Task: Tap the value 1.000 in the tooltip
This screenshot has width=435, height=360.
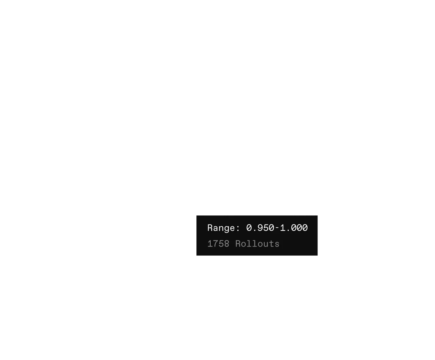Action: pos(294,228)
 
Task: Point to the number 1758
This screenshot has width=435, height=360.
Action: pos(218,244)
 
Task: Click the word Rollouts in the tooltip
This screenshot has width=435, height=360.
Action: pos(257,244)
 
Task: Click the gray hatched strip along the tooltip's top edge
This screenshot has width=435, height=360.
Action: pos(304,214)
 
